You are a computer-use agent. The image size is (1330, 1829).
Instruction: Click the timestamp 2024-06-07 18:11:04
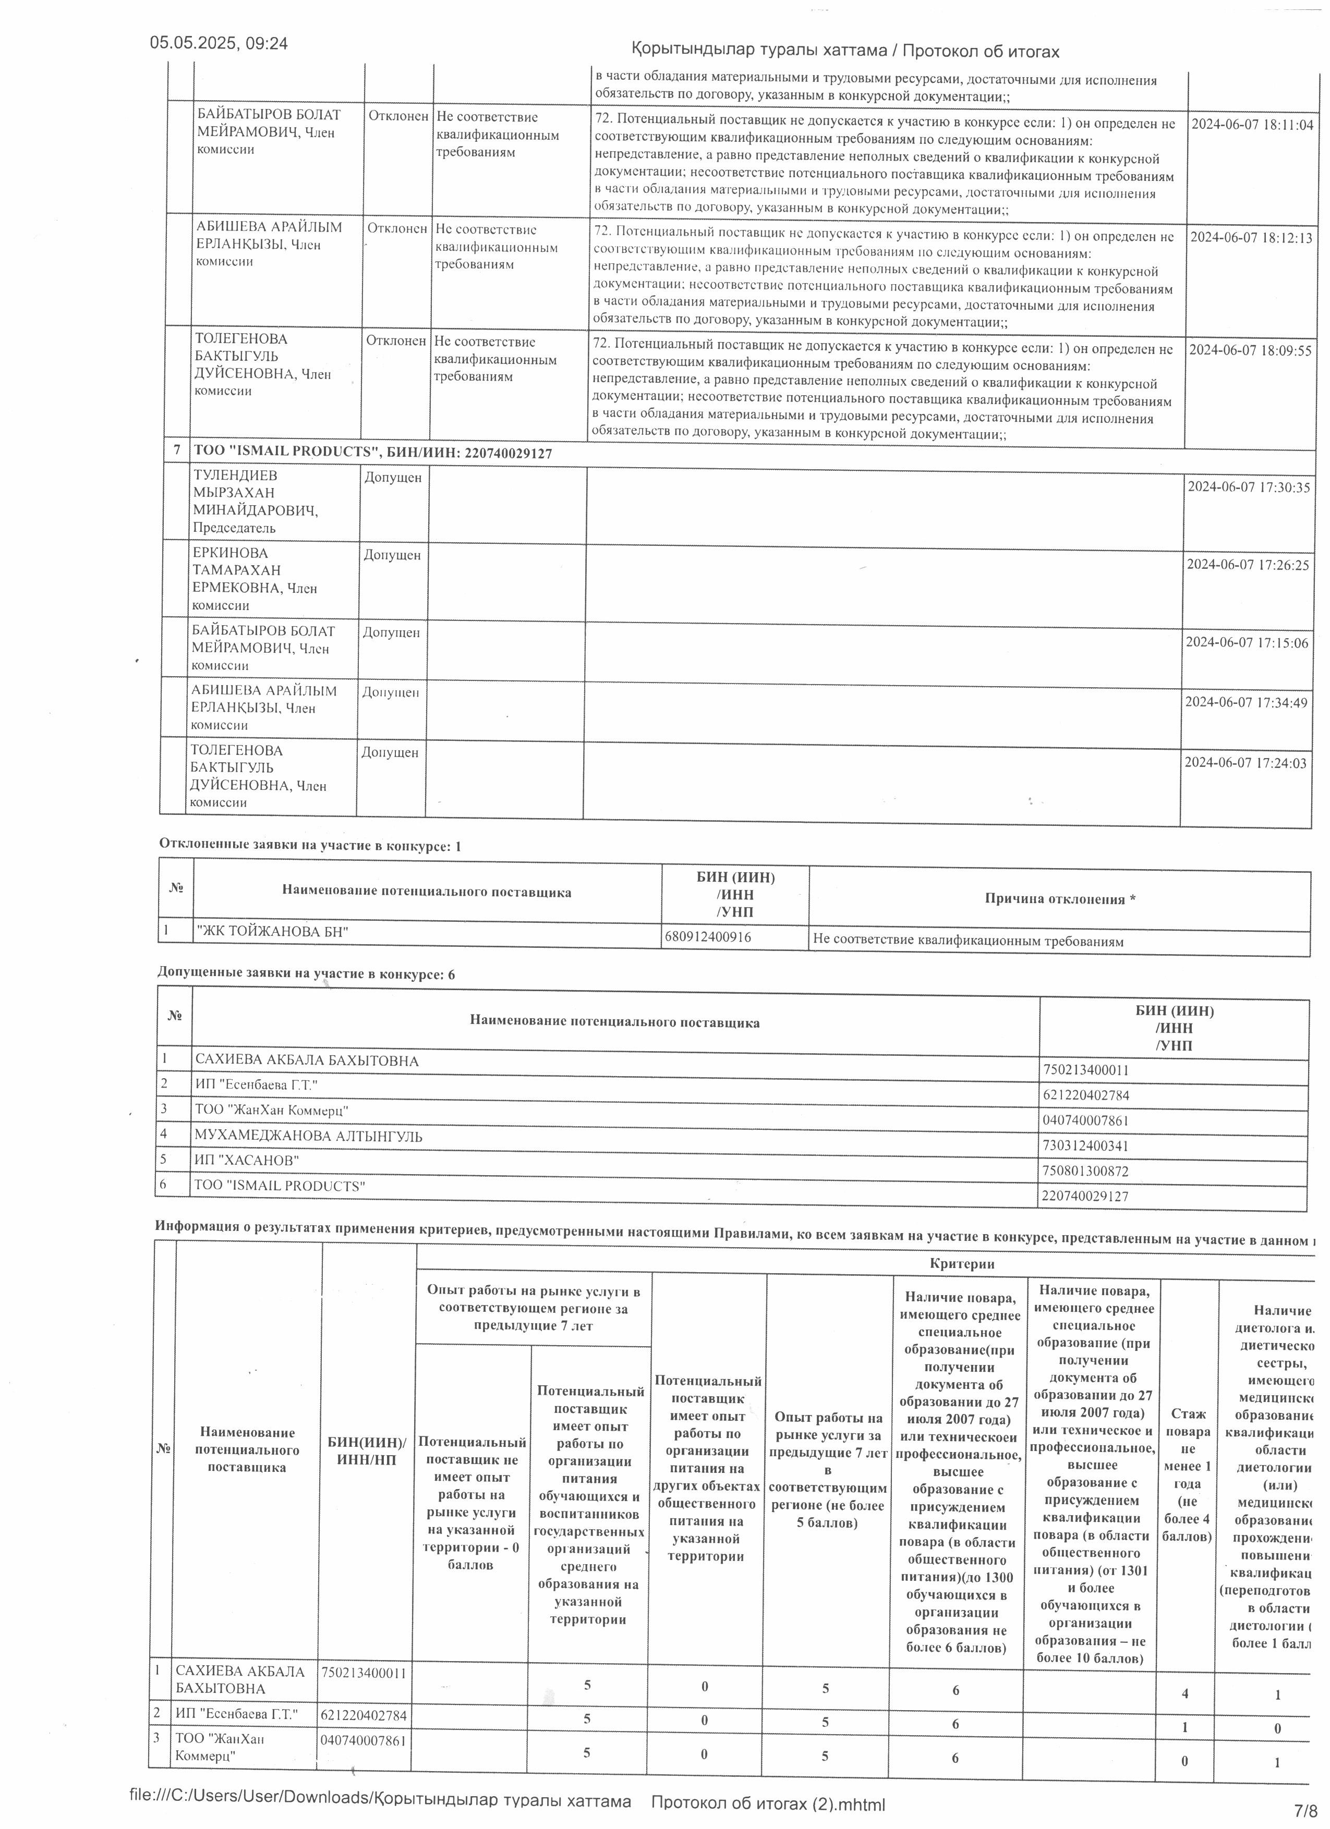(1251, 125)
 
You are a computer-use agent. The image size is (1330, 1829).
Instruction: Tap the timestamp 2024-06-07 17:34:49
(1246, 702)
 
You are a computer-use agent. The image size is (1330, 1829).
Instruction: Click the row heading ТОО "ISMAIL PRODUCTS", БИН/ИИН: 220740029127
(372, 453)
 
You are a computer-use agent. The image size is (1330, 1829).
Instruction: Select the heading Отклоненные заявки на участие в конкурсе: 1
(310, 846)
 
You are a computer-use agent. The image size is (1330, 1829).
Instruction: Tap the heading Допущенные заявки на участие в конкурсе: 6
(307, 974)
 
